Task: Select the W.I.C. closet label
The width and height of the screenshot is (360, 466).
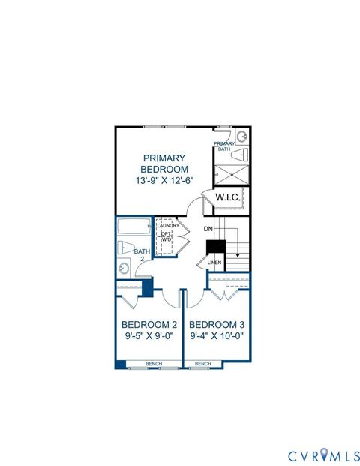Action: pyautogui.click(x=227, y=197)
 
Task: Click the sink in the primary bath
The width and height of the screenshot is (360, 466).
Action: pyautogui.click(x=241, y=137)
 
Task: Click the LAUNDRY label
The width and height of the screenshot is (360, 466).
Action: pyautogui.click(x=167, y=225)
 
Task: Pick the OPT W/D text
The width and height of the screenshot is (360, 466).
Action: pyautogui.click(x=166, y=237)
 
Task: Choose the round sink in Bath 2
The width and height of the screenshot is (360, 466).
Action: pyautogui.click(x=122, y=268)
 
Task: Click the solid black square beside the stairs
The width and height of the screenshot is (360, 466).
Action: pyautogui.click(x=216, y=246)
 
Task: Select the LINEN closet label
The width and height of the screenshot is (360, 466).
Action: pyautogui.click(x=214, y=263)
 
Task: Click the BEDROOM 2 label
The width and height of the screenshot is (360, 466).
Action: pyautogui.click(x=149, y=324)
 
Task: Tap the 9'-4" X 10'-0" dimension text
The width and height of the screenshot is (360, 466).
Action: pyautogui.click(x=217, y=337)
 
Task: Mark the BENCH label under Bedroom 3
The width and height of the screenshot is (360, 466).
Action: pyautogui.click(x=203, y=364)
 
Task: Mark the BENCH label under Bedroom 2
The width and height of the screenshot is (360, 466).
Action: pyautogui.click(x=154, y=364)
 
